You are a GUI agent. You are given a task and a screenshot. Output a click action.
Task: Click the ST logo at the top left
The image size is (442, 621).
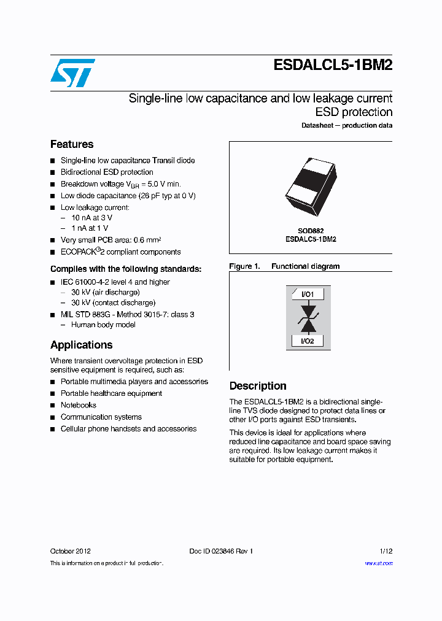click(72, 72)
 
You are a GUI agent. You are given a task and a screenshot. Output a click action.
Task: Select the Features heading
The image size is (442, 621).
click(72, 144)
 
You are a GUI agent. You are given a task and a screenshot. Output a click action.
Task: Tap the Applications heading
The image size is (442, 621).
click(81, 345)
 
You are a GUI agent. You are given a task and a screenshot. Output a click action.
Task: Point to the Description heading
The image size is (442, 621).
click(258, 386)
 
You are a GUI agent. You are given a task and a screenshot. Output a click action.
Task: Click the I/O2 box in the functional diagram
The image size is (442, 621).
click(308, 341)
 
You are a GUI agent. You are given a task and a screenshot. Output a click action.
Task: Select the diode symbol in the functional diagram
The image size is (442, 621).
click(308, 318)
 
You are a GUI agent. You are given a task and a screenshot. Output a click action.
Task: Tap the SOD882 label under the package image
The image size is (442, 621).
click(311, 231)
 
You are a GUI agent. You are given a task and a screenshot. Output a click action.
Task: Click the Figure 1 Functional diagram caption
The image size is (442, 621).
click(284, 266)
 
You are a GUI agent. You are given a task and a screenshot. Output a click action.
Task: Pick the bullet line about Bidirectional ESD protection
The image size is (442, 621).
click(107, 172)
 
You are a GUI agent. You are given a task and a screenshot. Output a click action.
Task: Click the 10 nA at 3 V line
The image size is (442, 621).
click(91, 218)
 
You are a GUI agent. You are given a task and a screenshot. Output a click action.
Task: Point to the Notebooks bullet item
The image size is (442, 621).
click(79, 405)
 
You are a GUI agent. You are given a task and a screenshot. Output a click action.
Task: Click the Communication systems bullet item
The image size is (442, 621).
click(101, 417)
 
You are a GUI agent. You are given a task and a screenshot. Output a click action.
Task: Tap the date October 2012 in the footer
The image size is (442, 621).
click(70, 551)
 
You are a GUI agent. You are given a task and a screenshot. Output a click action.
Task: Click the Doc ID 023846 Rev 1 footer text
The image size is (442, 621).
click(220, 551)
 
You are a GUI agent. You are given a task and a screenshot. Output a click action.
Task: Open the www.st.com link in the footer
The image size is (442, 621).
click(379, 563)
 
